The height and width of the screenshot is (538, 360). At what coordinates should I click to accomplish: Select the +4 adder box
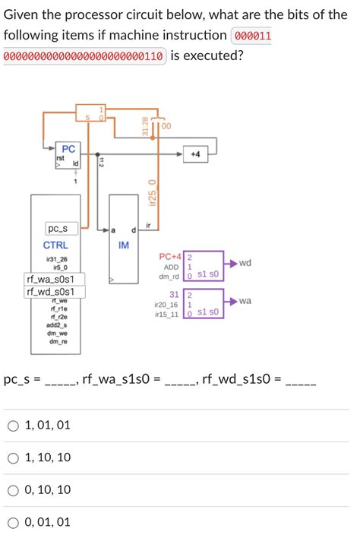(x=196, y=153)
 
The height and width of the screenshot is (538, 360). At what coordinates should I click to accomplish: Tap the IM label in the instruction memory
(x=124, y=245)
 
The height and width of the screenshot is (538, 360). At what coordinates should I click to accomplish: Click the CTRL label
(x=55, y=245)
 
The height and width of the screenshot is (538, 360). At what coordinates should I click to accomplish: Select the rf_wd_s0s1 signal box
(x=55, y=292)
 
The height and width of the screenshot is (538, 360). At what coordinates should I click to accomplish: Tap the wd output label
(x=244, y=263)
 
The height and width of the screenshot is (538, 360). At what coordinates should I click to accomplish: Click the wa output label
(x=244, y=301)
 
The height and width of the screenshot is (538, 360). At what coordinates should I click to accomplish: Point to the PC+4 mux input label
(x=169, y=258)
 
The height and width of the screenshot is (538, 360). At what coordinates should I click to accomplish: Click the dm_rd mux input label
(x=169, y=277)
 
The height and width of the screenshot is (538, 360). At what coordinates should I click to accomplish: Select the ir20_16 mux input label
(x=166, y=304)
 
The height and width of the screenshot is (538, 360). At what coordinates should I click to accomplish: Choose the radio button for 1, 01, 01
(x=13, y=426)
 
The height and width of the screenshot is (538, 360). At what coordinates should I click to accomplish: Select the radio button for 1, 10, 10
(x=13, y=457)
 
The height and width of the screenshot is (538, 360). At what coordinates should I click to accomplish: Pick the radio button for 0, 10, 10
(x=13, y=490)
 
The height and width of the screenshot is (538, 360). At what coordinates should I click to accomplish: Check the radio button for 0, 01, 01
(x=13, y=522)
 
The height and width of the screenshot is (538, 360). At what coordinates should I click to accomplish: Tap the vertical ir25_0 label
(x=153, y=192)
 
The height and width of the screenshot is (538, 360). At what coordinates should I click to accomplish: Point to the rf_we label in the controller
(x=58, y=302)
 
